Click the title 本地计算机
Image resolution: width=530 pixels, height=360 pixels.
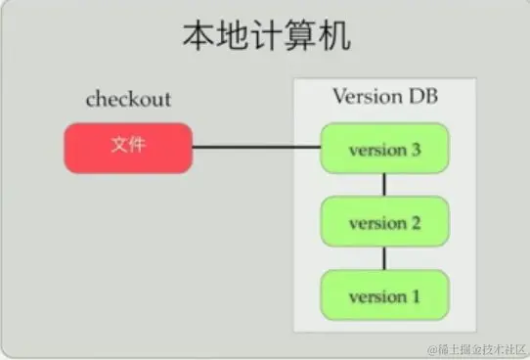[x=266, y=38]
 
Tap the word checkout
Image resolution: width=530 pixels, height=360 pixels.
[x=128, y=99]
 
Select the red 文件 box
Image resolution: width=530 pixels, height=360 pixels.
[x=128, y=147]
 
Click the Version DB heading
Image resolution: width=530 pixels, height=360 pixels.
[x=384, y=97]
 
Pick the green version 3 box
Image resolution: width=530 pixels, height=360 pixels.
[x=384, y=150]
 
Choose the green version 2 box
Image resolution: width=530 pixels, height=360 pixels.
[x=384, y=222]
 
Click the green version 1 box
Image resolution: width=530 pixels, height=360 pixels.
[x=384, y=294]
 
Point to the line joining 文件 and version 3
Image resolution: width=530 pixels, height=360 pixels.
[x=256, y=148]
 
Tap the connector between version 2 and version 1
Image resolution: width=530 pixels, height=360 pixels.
[x=384, y=258]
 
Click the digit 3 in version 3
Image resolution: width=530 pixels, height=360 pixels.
[x=416, y=151]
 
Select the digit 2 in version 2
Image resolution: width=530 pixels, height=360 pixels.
[x=416, y=223]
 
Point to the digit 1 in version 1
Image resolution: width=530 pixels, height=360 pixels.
[x=416, y=295]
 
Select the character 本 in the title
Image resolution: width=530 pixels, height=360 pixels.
[x=198, y=38]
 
